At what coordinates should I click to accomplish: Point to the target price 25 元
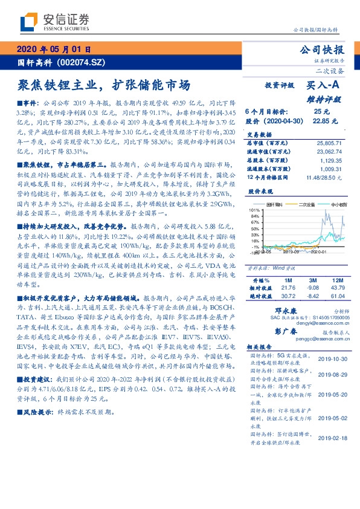(321, 112)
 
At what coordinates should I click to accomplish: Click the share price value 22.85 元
(321, 121)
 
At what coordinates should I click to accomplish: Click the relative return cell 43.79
(335, 288)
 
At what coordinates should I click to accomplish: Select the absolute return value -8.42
(313, 296)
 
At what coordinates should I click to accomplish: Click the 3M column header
(313, 280)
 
